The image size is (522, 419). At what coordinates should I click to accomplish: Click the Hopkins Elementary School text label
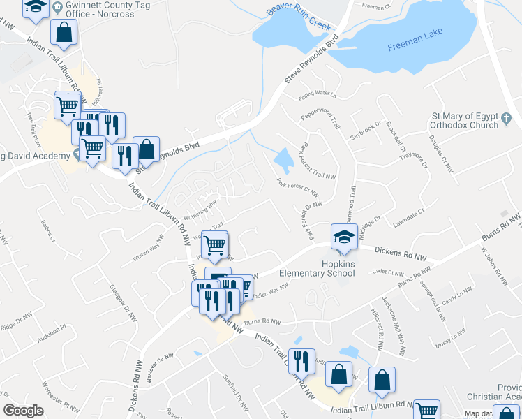point(338,268)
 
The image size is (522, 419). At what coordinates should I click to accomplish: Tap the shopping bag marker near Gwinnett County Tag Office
point(64,32)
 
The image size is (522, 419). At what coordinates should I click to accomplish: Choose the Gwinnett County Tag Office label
point(89,9)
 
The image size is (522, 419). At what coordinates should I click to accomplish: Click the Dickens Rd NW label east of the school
point(401,253)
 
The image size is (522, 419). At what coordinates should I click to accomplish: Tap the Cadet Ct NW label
point(389,272)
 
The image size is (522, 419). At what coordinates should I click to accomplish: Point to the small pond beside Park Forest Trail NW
point(284,161)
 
